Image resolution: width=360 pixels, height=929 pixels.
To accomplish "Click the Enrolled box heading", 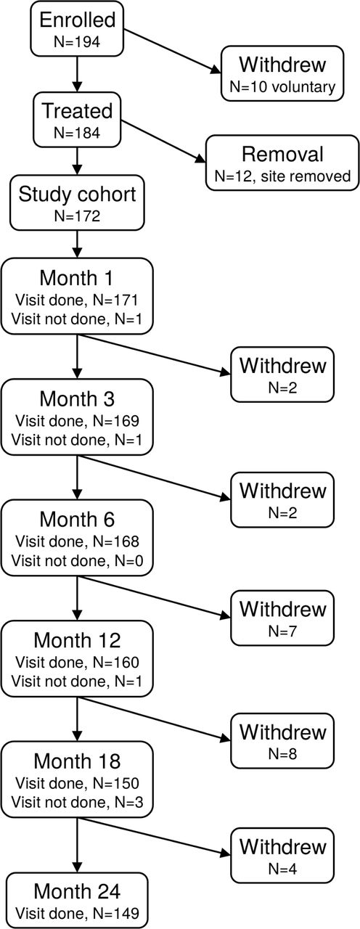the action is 77,20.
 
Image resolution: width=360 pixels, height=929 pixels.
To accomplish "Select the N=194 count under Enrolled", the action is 77,41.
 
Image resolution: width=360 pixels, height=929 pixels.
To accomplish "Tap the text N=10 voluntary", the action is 282,86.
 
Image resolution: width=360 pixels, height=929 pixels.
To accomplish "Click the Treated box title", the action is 77,111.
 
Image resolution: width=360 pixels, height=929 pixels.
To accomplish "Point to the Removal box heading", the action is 282,154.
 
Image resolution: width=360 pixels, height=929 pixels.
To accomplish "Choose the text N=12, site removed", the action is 282,176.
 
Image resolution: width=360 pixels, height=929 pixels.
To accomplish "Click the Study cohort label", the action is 77,194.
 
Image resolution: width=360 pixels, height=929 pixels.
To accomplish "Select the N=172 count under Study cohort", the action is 77,216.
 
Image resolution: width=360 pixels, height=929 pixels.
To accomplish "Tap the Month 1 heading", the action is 77,278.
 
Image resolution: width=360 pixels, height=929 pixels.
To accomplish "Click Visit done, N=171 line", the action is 77,300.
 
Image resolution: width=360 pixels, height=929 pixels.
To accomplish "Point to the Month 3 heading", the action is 77,398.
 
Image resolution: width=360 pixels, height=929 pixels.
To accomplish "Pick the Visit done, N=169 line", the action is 77,420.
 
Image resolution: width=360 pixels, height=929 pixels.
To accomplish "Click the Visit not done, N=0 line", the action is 77,561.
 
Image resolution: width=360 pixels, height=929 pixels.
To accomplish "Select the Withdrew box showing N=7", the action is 282,618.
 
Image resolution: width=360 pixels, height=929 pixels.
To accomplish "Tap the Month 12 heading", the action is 77,640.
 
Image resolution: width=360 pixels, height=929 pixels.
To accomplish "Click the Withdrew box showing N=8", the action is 282,741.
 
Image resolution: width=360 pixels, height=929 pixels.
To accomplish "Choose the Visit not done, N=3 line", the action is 77,802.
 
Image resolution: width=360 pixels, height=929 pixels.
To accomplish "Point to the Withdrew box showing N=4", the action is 282,855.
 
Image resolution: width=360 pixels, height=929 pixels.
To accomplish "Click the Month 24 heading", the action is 77,891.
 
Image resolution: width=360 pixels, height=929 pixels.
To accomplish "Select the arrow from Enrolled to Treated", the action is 77,74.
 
